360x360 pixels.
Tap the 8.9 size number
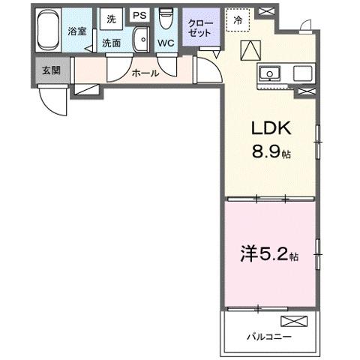[266, 153]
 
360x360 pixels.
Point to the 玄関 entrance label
[51, 71]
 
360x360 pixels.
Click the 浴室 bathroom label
[77, 31]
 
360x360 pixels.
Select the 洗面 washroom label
[112, 43]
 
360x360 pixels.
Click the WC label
[166, 43]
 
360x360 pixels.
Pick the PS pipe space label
[139, 15]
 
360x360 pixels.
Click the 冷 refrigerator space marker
[238, 21]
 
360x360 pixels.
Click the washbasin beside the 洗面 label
[139, 40]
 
